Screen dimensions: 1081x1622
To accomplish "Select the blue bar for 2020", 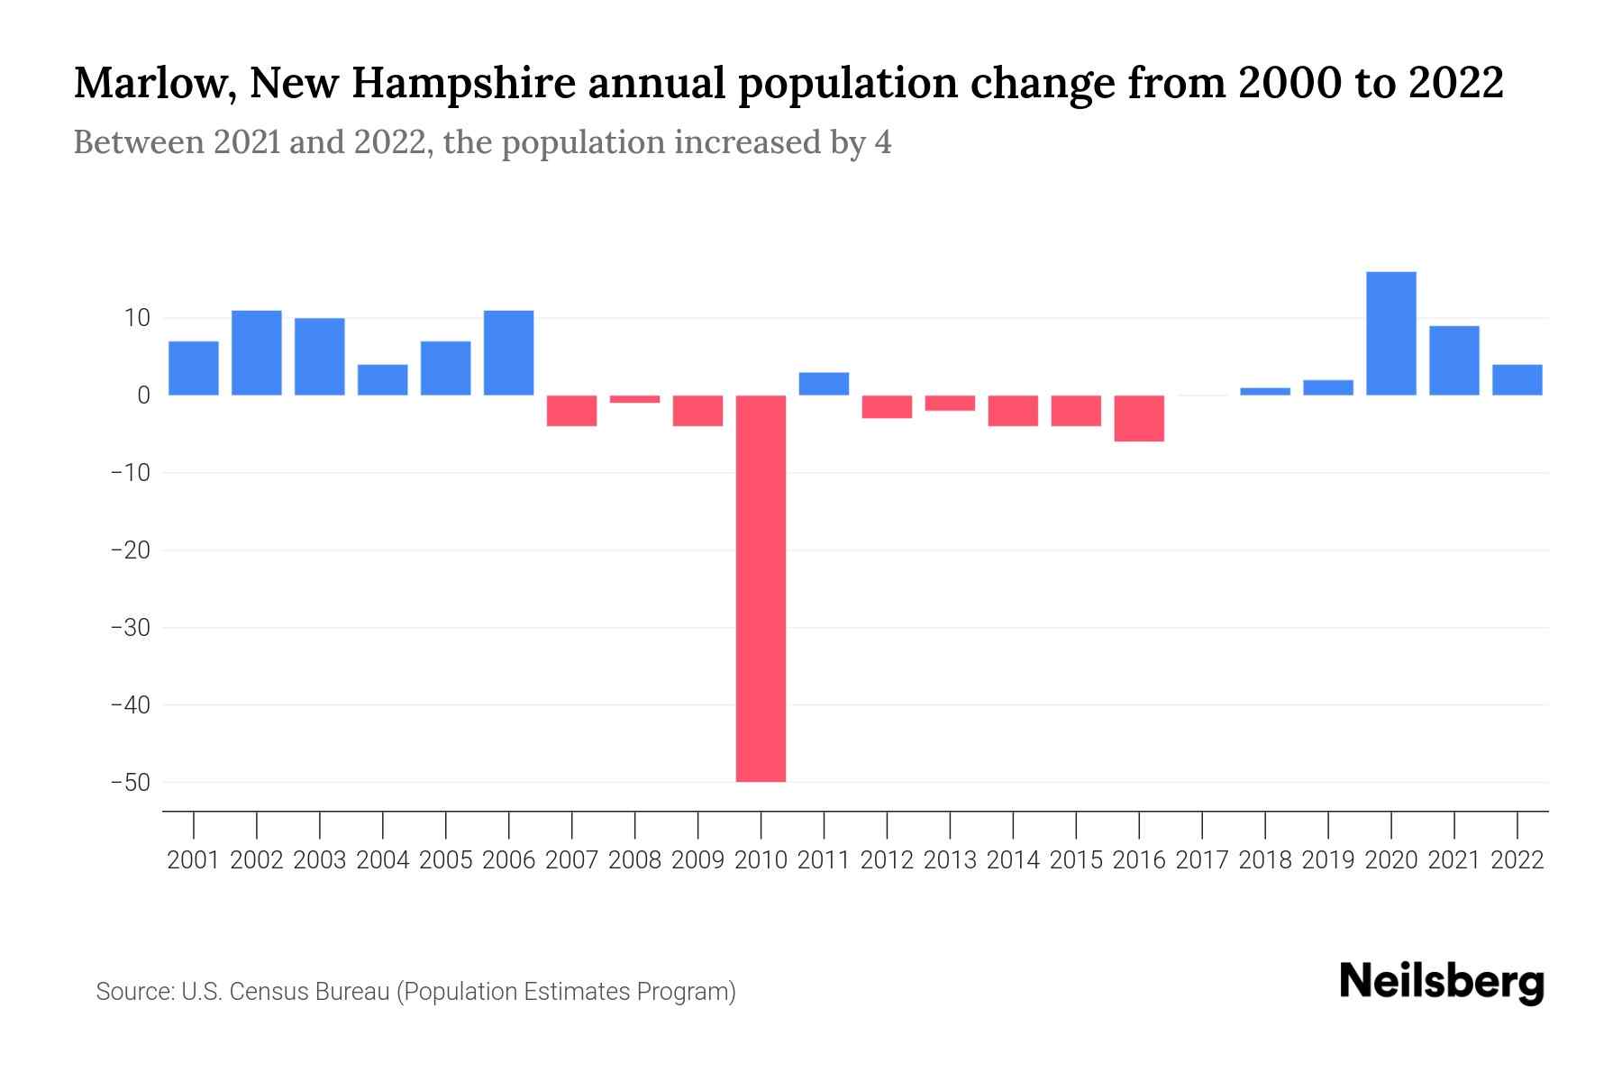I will click(x=1390, y=333).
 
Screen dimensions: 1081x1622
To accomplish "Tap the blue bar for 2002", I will click(x=257, y=353).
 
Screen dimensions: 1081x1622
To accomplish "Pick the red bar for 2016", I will click(x=1139, y=418).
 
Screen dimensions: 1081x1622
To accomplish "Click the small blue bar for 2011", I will click(x=824, y=384).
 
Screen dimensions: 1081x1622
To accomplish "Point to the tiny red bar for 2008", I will click(x=634, y=399).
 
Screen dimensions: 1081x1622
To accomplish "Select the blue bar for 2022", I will click(x=1517, y=380).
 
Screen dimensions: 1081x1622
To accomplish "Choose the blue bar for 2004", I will click(x=383, y=380).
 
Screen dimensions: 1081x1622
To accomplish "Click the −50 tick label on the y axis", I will click(x=131, y=782).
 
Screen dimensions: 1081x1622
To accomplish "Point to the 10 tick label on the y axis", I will click(x=137, y=318).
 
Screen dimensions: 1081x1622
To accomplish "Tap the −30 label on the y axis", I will click(x=131, y=628).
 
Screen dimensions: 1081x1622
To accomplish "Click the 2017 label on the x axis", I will click(x=1202, y=860).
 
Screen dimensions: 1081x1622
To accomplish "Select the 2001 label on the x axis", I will click(x=194, y=860).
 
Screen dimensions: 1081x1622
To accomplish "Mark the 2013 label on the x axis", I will click(x=950, y=860).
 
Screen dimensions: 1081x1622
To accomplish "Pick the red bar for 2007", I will click(x=571, y=411).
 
